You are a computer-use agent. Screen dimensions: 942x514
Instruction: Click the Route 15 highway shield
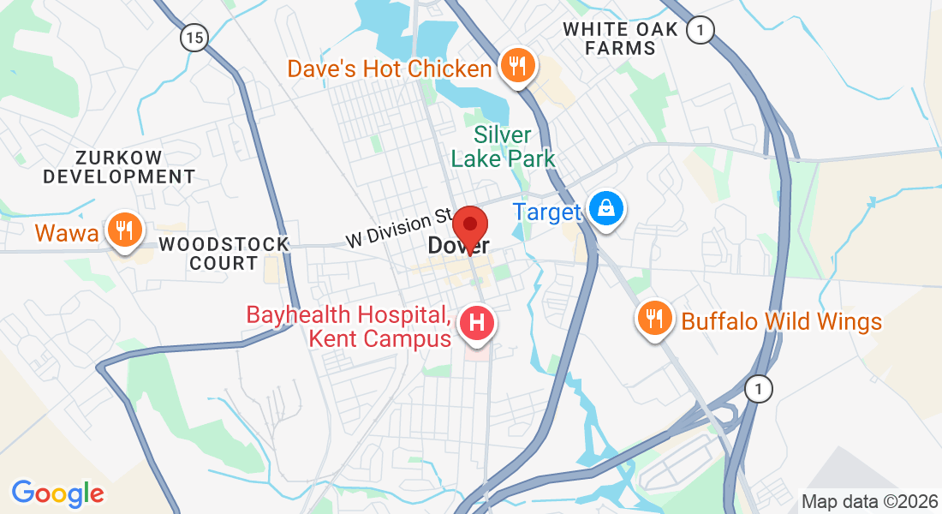(x=194, y=37)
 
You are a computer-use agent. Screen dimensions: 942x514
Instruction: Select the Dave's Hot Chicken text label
(x=390, y=69)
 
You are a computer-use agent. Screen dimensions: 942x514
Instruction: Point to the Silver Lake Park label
(x=503, y=146)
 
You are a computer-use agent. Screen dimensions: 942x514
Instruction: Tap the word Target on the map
(x=547, y=212)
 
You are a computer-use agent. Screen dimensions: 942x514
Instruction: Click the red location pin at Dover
(x=469, y=227)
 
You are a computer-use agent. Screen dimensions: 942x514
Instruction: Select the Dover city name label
(x=458, y=247)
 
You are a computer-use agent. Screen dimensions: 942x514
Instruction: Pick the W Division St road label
(x=398, y=229)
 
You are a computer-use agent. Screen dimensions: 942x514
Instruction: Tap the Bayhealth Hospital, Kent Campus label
(x=349, y=326)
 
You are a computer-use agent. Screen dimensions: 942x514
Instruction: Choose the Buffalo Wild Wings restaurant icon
(x=654, y=320)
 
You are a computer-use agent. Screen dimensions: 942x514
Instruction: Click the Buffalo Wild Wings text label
(x=781, y=322)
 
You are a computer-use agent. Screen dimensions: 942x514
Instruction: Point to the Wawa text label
(x=67, y=232)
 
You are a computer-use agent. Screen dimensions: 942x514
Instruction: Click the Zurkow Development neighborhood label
(x=119, y=167)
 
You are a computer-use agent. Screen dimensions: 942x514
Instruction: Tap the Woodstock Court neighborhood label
(x=224, y=254)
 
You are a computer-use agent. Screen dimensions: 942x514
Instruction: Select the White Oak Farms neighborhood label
(x=621, y=39)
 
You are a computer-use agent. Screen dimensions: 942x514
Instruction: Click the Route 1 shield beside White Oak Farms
(x=701, y=30)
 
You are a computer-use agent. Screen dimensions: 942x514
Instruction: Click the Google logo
(x=57, y=493)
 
